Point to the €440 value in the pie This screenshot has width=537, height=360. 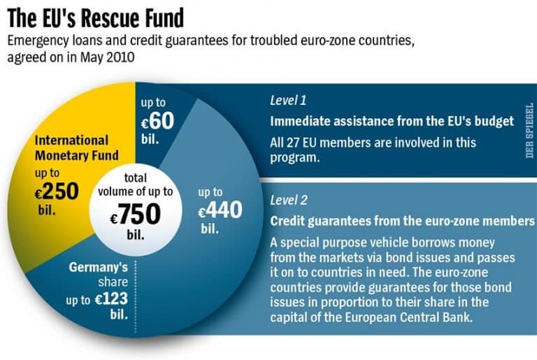point(221,208)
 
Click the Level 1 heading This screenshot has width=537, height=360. point(288,100)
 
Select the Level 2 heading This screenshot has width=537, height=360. point(289,201)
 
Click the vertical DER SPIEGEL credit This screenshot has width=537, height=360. point(529,130)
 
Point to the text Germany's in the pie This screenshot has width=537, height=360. point(99,268)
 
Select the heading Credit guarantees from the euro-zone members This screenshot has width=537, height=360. point(402,222)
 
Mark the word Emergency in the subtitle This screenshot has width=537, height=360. point(36,42)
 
